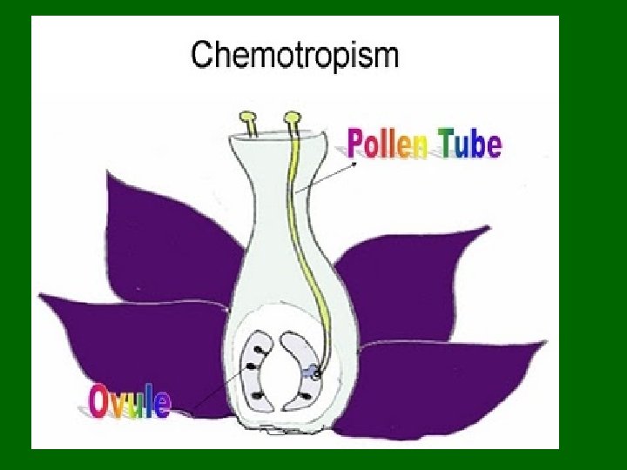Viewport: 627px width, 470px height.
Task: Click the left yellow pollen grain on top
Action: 249,117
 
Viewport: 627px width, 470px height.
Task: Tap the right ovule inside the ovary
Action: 300,370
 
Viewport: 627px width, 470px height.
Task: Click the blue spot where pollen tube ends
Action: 311,373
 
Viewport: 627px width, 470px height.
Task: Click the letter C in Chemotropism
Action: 203,57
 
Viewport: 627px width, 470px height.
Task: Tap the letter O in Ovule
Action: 99,403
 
